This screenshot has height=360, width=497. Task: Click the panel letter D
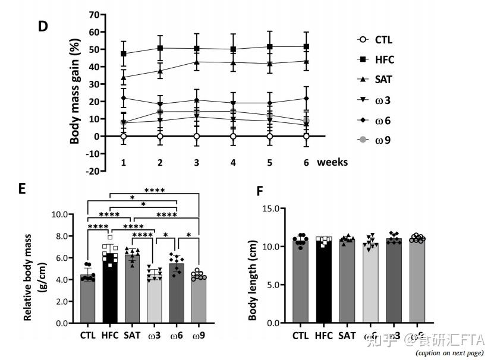[x=43, y=27]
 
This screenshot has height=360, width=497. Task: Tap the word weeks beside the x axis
[x=332, y=162]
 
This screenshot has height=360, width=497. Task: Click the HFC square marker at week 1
[x=124, y=54]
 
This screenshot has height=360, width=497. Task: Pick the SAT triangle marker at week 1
[x=124, y=77]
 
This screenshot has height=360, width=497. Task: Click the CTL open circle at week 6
[x=306, y=136]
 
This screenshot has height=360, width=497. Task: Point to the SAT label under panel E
[x=132, y=335]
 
